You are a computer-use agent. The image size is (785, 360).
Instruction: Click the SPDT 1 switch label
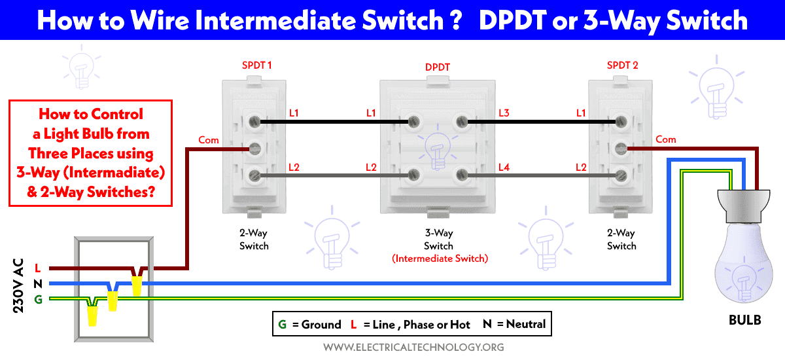(x=257, y=65)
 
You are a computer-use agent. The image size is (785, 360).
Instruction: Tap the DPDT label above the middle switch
(x=438, y=67)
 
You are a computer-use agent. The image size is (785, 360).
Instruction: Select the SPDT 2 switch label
(x=622, y=65)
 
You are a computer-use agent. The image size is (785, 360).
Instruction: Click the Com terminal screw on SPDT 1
(x=254, y=149)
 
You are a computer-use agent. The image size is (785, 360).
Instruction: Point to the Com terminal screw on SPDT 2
(x=621, y=149)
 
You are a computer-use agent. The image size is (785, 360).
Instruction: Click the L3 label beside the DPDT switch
(x=504, y=113)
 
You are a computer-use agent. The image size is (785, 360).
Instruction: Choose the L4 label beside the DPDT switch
(x=504, y=168)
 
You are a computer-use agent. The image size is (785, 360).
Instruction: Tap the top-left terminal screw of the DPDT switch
(x=414, y=122)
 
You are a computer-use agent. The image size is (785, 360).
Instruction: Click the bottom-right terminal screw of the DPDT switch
(x=462, y=175)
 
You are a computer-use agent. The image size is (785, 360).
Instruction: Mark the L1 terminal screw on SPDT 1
(x=254, y=122)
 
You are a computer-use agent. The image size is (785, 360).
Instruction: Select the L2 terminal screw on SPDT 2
(x=621, y=175)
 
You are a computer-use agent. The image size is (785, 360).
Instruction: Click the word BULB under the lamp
(x=744, y=320)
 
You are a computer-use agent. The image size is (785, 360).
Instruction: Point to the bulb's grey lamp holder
(x=744, y=206)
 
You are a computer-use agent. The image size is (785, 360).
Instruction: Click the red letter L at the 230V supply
(x=38, y=268)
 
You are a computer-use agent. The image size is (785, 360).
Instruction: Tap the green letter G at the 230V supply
(x=38, y=300)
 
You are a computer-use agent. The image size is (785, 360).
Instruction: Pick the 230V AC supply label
(x=18, y=285)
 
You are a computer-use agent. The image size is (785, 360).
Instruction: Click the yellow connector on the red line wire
(x=137, y=285)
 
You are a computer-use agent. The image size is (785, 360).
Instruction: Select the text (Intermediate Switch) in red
(x=440, y=259)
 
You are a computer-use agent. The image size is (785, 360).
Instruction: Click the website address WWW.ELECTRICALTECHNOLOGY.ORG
(x=413, y=347)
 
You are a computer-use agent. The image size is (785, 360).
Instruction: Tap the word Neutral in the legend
(x=526, y=324)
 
